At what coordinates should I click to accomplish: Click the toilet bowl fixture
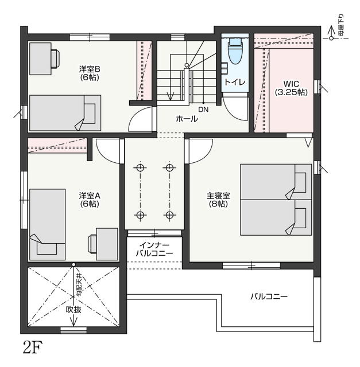(x=235, y=51)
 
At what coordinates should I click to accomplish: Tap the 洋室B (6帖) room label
(x=90, y=73)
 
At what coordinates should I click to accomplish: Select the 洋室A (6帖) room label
(x=90, y=200)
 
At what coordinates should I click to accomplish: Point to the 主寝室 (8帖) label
(x=218, y=200)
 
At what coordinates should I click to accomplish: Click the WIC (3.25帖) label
(x=291, y=88)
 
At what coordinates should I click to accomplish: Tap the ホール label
(x=187, y=119)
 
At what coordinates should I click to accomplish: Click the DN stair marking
(x=203, y=110)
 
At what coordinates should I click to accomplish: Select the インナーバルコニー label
(x=154, y=249)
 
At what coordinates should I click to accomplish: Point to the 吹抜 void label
(x=73, y=310)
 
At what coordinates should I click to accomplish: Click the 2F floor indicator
(x=33, y=348)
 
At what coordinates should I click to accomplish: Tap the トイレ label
(x=235, y=82)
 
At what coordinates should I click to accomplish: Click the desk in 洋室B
(x=40, y=58)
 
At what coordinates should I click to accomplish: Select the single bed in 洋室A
(x=47, y=225)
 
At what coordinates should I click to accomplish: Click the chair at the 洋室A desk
(x=92, y=244)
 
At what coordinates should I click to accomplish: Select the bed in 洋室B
(x=65, y=113)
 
